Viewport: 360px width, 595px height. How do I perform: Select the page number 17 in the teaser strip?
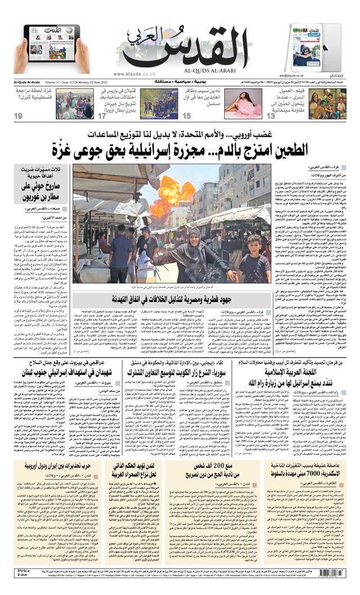(x=102, y=116)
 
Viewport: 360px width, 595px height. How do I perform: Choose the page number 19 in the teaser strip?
(x=19, y=116)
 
